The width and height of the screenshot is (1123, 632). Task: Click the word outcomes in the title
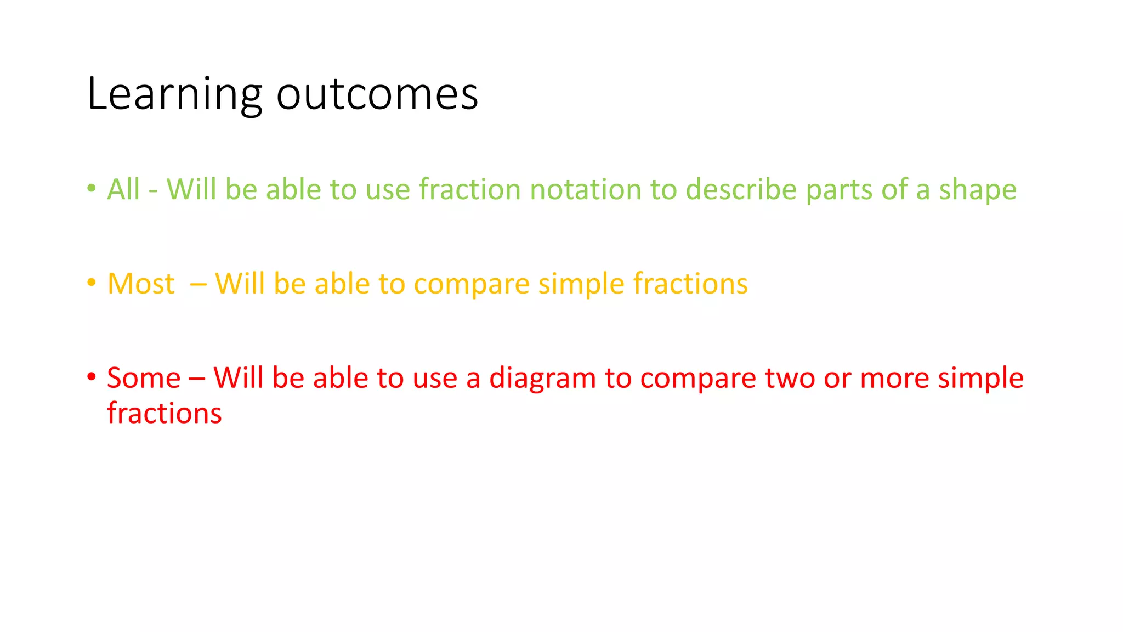point(377,95)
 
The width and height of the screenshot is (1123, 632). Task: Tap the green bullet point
point(92,188)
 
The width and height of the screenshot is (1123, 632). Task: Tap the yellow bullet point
point(92,283)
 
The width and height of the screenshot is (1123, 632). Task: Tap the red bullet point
point(92,377)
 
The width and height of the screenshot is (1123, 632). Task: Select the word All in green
point(123,189)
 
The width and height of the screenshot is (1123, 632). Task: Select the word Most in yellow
point(141,284)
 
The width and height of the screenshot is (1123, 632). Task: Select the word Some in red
point(144,379)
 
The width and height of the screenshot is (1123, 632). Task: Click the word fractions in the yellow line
point(690,284)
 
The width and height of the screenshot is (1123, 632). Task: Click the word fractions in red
point(165,414)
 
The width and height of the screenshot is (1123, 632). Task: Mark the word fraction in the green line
point(469,189)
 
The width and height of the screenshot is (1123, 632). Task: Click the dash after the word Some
point(197,379)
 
